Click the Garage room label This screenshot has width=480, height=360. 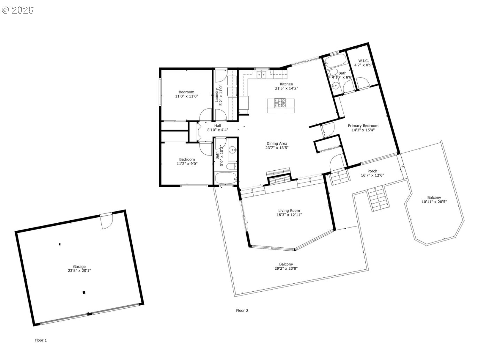point(79,266)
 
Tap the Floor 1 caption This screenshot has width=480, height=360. point(41,340)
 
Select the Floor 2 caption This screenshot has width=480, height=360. point(242,311)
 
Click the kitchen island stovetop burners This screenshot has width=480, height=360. point(280,103)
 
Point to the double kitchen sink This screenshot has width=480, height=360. point(262,75)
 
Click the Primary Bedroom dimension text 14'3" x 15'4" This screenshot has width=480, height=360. point(363,130)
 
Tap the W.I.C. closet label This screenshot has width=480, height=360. point(364,61)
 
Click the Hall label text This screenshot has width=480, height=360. point(218,125)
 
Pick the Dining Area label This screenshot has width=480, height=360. point(277,144)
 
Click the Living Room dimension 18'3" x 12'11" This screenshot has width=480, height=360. point(289,215)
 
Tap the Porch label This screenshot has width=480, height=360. point(372,171)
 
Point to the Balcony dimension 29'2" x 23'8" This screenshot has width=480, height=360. point(286,269)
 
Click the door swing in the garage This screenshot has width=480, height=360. point(106,221)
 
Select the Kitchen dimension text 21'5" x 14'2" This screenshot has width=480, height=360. point(286,89)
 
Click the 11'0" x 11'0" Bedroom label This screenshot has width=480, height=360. point(187,94)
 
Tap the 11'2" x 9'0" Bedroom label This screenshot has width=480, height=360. point(187,161)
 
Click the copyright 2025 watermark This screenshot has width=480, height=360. point(17,10)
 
